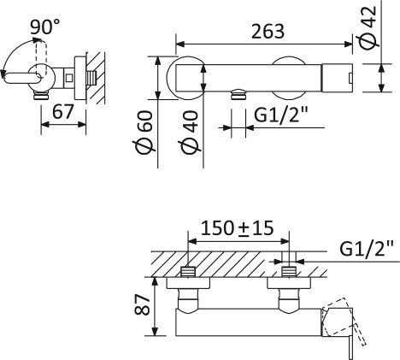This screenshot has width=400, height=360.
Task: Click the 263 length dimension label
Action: [x=268, y=32]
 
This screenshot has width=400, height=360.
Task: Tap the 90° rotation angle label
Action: [x=45, y=27]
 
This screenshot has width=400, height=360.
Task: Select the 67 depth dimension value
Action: [x=63, y=111]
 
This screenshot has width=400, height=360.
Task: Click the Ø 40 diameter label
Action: [x=190, y=132]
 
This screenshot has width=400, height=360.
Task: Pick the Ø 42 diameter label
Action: [x=368, y=27]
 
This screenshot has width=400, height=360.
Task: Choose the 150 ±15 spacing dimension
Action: [x=238, y=228]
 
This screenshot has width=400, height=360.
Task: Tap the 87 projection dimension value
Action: [x=142, y=305]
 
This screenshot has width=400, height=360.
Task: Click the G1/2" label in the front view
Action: [x=281, y=115]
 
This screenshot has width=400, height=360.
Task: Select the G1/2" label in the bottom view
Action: [x=367, y=249]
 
